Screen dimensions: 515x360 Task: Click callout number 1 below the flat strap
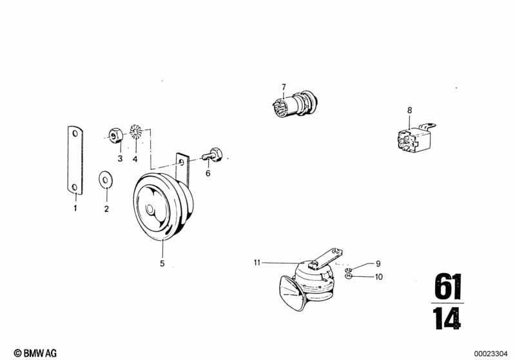click(75, 208)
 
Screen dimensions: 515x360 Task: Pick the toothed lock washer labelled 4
click(135, 131)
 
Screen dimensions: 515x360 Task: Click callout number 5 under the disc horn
click(162, 263)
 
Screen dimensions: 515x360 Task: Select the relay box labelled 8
click(414, 140)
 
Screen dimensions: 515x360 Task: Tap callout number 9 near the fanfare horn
click(378, 263)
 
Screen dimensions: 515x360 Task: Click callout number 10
click(379, 277)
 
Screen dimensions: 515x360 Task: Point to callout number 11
click(257, 263)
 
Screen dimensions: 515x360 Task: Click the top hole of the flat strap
click(75, 133)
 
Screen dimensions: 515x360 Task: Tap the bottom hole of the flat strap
click(75, 187)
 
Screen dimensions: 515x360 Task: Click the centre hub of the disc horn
click(150, 209)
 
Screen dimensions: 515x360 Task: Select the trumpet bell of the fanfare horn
click(291, 294)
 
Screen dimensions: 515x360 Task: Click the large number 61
click(448, 287)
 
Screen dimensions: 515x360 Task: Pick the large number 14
click(447, 318)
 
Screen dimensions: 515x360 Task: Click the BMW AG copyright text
click(35, 353)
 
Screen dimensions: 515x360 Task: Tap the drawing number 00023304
click(491, 354)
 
